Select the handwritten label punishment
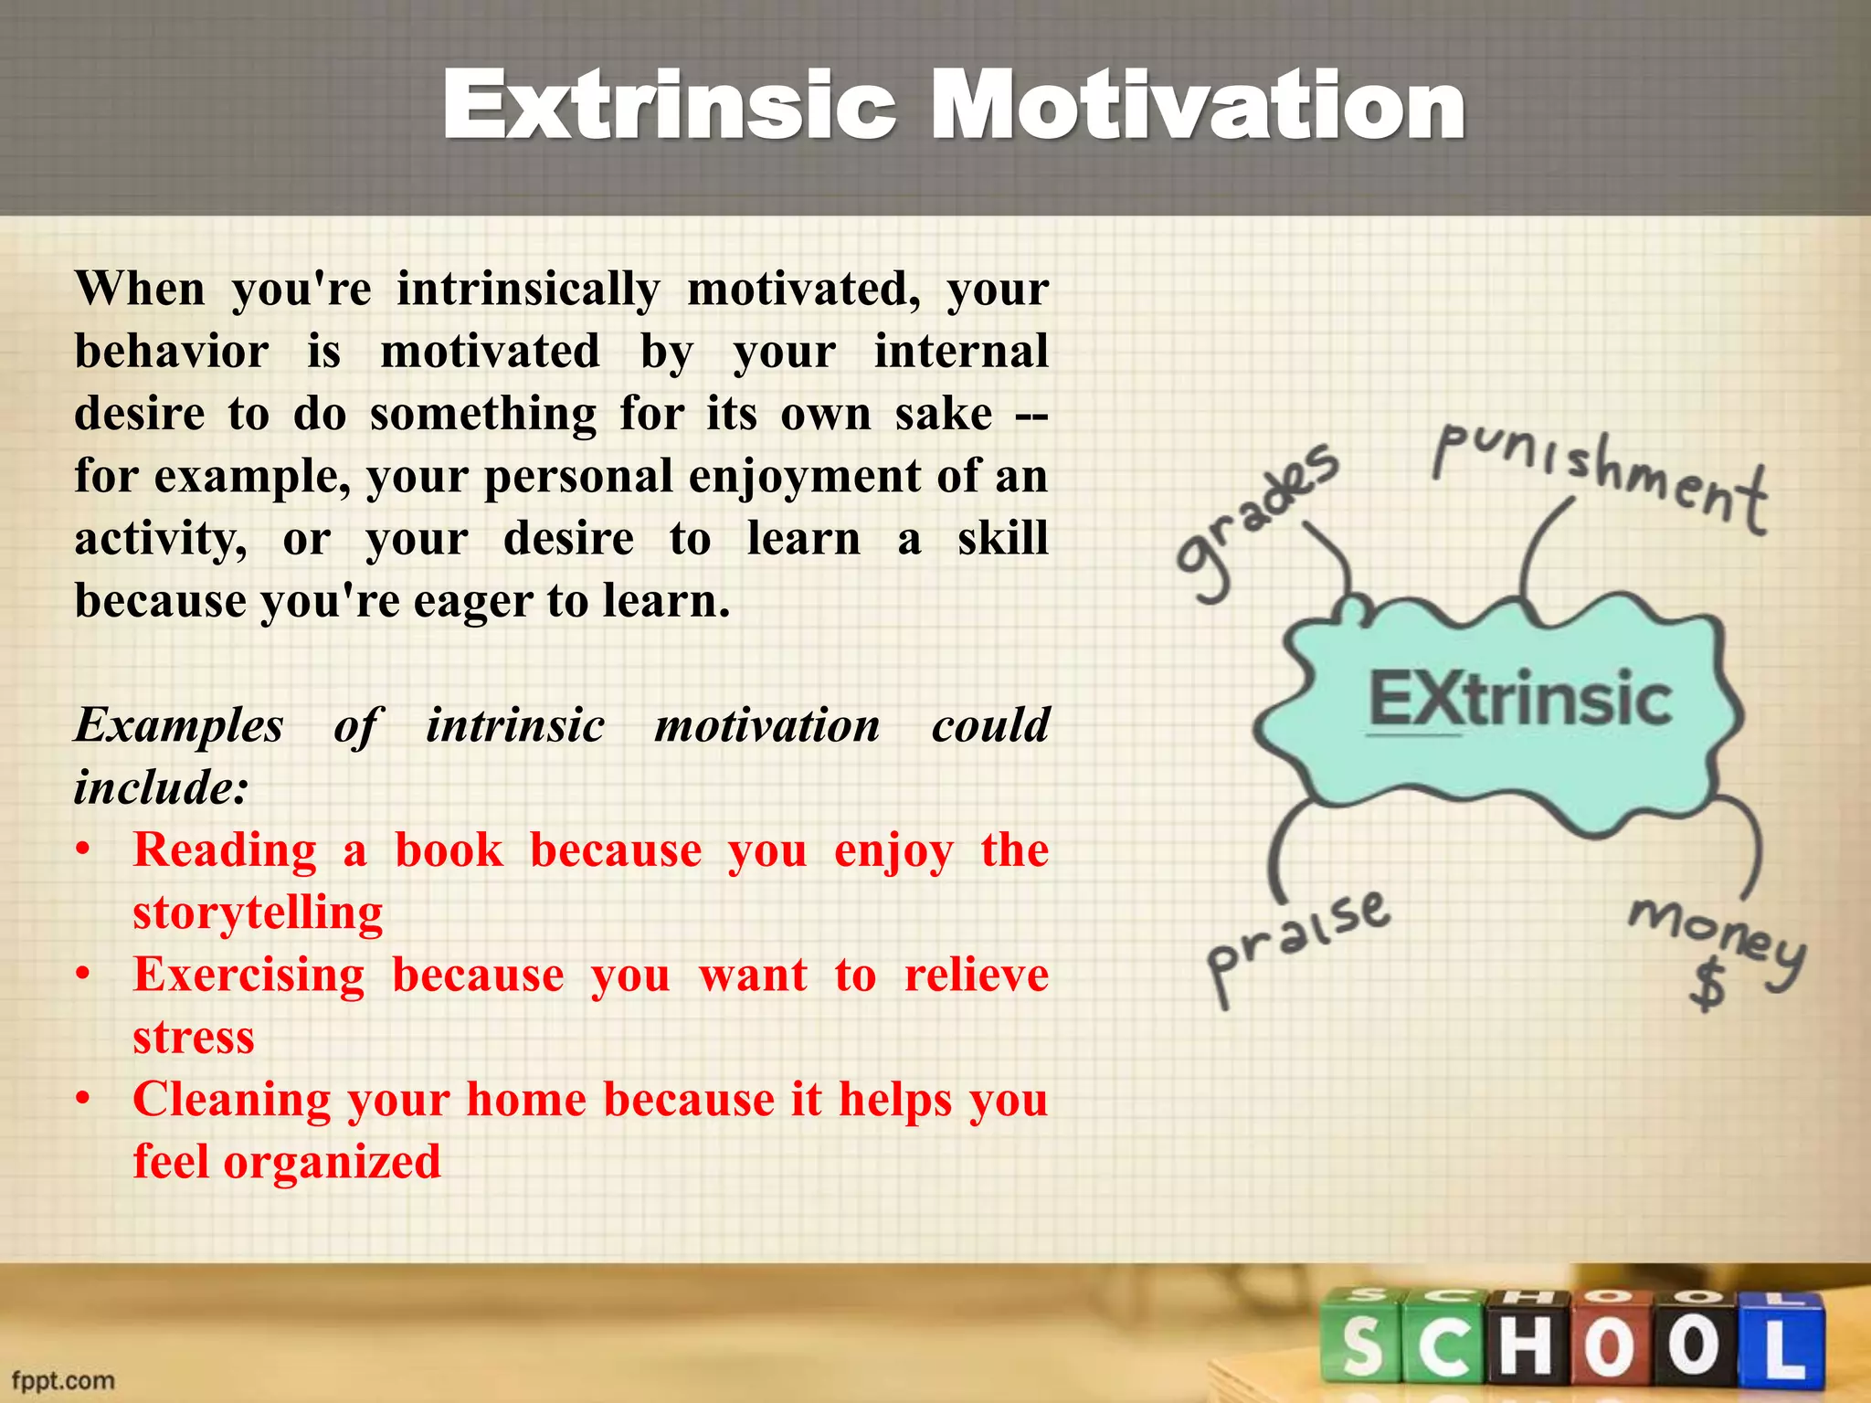1599,480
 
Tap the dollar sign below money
1707,986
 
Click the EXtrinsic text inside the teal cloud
1519,699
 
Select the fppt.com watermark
62,1380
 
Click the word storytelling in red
258,912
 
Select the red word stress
194,1038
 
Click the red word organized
332,1162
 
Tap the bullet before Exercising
83,976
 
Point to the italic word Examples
179,726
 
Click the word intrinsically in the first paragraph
527,290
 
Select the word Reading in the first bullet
225,850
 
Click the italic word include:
161,788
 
